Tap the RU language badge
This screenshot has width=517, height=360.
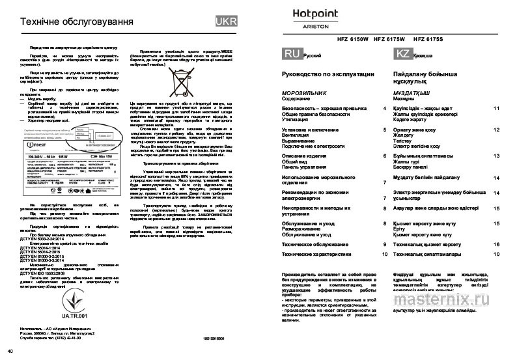[292, 54]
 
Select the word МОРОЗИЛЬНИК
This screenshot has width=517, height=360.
[307, 94]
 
